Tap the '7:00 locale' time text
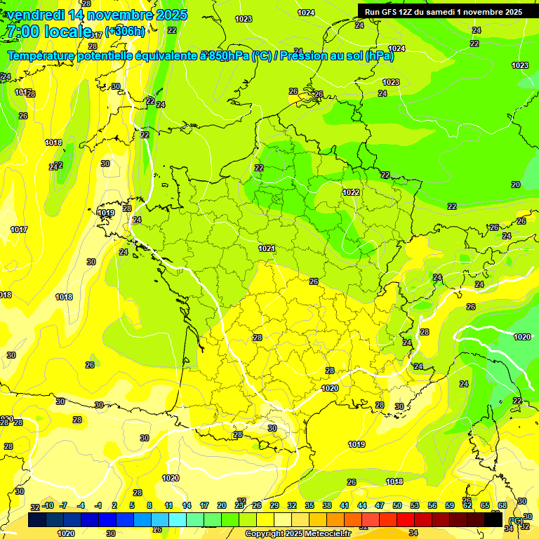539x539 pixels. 49,32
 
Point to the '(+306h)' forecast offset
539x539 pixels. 125,32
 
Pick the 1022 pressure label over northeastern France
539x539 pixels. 351,192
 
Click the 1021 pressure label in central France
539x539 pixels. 266,248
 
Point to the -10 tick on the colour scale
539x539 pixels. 48,505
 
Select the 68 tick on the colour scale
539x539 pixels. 503,505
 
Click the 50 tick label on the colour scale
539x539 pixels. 397,505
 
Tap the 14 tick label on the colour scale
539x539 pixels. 187,505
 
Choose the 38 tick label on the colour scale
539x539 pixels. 327,505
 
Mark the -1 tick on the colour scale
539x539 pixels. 98,505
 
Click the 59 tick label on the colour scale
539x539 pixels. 450,505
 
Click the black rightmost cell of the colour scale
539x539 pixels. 493,519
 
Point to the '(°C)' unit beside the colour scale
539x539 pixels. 516,520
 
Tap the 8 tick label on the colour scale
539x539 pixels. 149,505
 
